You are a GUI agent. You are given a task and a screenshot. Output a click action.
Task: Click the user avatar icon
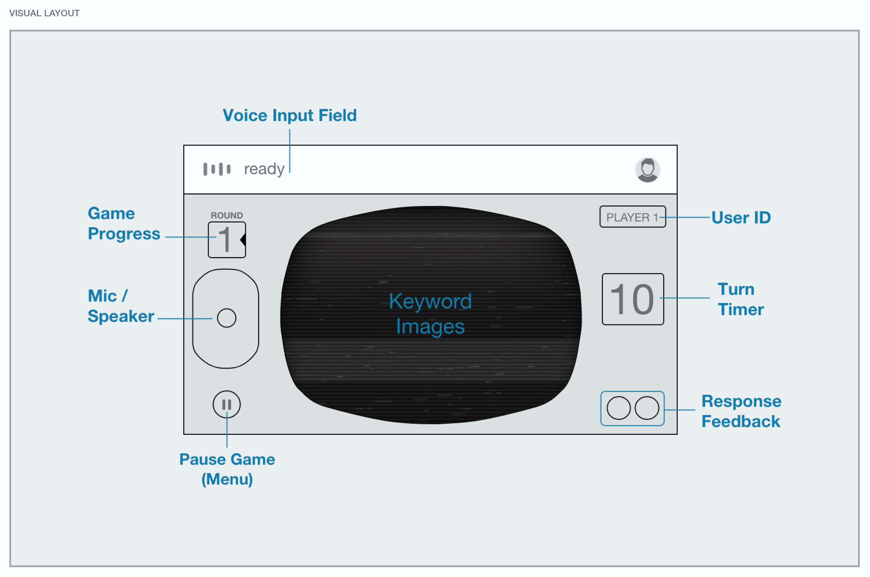[647, 170]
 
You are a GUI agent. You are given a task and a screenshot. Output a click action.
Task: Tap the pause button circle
[226, 404]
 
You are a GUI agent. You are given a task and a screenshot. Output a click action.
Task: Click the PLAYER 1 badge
[633, 217]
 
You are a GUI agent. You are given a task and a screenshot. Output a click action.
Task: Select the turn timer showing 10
[633, 299]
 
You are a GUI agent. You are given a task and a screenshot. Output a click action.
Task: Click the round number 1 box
[227, 240]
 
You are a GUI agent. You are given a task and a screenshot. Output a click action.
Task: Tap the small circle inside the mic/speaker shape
[226, 318]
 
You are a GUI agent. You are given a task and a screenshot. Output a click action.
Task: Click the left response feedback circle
[619, 408]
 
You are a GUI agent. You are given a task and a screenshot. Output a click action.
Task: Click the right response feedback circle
[647, 408]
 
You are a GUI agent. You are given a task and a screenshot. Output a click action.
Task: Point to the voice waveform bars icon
[217, 169]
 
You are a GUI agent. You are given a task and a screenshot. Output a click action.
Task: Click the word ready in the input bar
[264, 170]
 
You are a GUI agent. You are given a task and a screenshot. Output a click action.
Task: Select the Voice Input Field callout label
[289, 116]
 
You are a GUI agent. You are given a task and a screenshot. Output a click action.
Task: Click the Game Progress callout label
[124, 223]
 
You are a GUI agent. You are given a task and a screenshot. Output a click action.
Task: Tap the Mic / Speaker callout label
[121, 306]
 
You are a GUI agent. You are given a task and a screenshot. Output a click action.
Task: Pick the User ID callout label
[741, 217]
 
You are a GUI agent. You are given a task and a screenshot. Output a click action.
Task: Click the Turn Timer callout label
[741, 299]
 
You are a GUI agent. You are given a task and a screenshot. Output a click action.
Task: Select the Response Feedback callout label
[742, 411]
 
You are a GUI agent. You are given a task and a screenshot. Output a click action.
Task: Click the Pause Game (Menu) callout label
[227, 469]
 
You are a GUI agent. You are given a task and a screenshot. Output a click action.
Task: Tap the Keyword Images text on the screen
[430, 314]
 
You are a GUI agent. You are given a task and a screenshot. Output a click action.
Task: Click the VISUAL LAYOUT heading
[45, 13]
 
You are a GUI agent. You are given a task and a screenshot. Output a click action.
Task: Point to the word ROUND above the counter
[226, 215]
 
